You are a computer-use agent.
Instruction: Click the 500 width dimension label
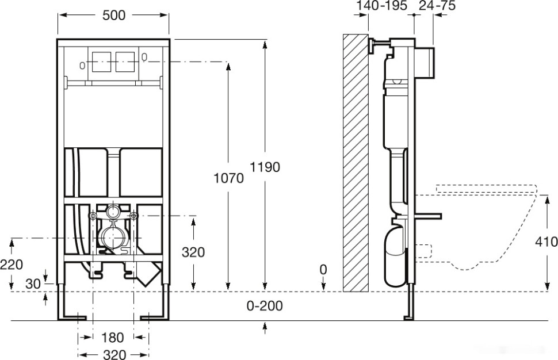[113, 16]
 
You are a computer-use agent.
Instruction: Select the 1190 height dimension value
[265, 167]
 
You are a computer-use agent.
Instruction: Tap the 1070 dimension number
[228, 178]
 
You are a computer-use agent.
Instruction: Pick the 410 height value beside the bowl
[546, 242]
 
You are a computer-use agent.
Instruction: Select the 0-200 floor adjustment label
[265, 306]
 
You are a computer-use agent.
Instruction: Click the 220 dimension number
[12, 264]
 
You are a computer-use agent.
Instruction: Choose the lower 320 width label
[113, 354]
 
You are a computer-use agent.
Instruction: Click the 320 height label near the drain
[193, 252]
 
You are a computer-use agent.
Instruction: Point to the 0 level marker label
[324, 269]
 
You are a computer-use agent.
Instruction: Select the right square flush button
[125, 62]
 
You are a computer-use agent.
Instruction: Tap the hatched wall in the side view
[355, 163]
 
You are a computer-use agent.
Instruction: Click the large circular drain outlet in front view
[113, 237]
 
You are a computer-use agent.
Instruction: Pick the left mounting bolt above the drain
[92, 216]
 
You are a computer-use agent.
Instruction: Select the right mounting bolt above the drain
[134, 216]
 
